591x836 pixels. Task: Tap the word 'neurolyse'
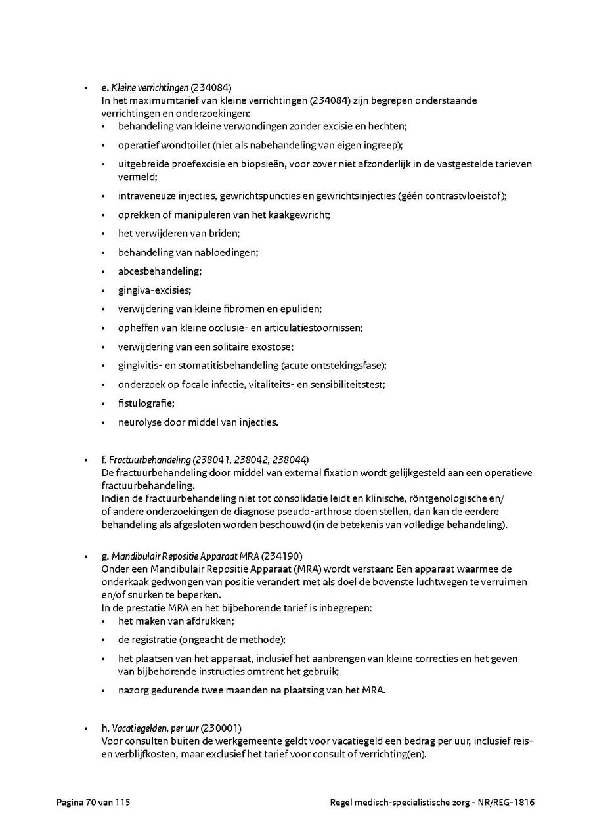[x=139, y=422]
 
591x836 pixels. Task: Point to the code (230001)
[x=221, y=728]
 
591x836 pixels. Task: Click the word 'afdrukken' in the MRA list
[x=212, y=621]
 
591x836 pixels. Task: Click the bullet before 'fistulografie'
[x=104, y=404]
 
